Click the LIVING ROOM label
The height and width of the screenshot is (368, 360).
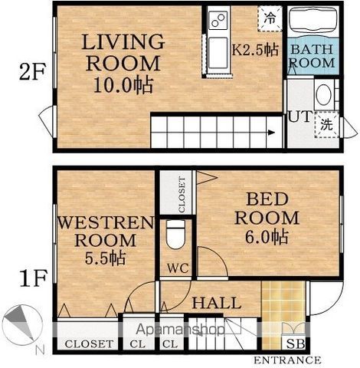click(123, 52)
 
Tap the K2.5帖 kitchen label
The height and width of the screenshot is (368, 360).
click(255, 50)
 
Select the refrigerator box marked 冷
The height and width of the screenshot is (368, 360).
click(270, 18)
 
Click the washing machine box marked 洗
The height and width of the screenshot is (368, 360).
click(326, 124)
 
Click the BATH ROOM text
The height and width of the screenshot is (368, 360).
click(313, 56)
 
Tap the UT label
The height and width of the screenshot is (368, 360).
click(299, 117)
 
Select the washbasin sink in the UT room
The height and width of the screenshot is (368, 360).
click(324, 95)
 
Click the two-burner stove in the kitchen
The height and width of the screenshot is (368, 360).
click(218, 21)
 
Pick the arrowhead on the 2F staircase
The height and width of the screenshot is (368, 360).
click(271, 133)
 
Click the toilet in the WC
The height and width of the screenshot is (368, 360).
click(175, 235)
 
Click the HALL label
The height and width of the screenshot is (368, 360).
click(217, 303)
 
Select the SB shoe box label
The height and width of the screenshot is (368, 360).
click(296, 344)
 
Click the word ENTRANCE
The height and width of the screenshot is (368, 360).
click(287, 360)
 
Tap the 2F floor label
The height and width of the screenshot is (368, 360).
click(32, 71)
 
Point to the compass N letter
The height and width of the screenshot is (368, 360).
click(40, 350)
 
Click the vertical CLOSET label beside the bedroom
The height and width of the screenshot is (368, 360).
click(182, 195)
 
